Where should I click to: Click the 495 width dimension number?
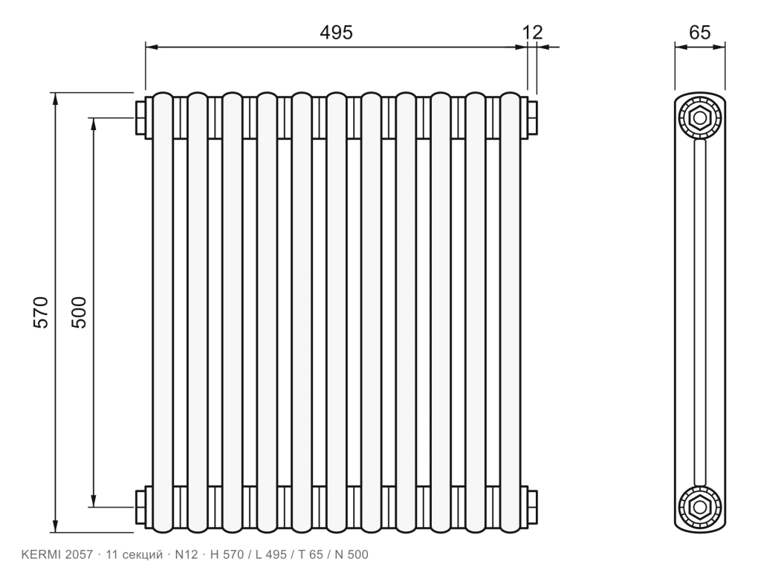336,33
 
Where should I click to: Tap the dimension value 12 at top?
532,33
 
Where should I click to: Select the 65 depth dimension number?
699,33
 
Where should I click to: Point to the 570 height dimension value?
42,312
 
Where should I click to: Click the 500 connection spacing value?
79,312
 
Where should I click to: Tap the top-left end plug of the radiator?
141,118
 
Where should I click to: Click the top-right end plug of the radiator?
532,118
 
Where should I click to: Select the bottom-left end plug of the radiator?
141,507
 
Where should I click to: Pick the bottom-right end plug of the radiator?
532,507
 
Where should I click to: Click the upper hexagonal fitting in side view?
700,118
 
